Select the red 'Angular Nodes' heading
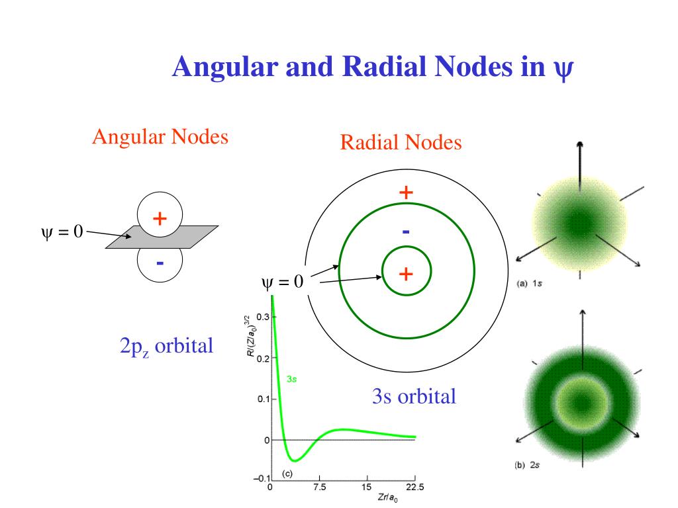(160, 137)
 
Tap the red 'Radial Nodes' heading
(401, 142)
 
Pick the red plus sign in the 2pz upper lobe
(160, 218)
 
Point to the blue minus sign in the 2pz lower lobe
(160, 263)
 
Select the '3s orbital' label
(414, 396)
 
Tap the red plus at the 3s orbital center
(406, 273)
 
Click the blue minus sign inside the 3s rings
(406, 232)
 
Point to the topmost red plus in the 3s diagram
(406, 192)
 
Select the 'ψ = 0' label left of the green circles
(283, 282)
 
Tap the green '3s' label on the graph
(291, 380)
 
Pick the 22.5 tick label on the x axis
(414, 487)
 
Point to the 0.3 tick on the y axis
(262, 317)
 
